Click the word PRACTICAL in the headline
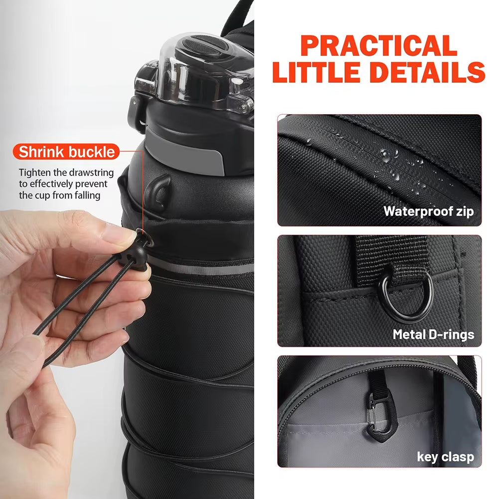click(379, 46)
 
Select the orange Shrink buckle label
click(67, 152)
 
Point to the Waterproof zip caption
click(428, 211)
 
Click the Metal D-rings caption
click(433, 334)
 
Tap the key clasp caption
click(445, 456)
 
